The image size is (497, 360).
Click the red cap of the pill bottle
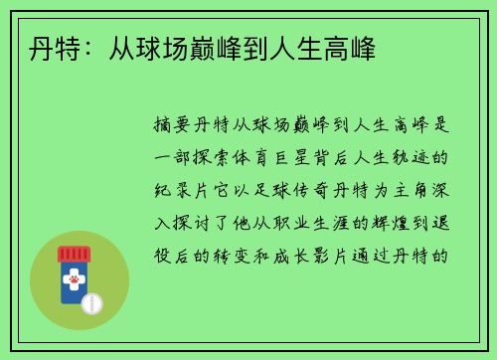[x=74, y=254]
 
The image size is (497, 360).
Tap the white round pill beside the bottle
[x=91, y=302]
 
